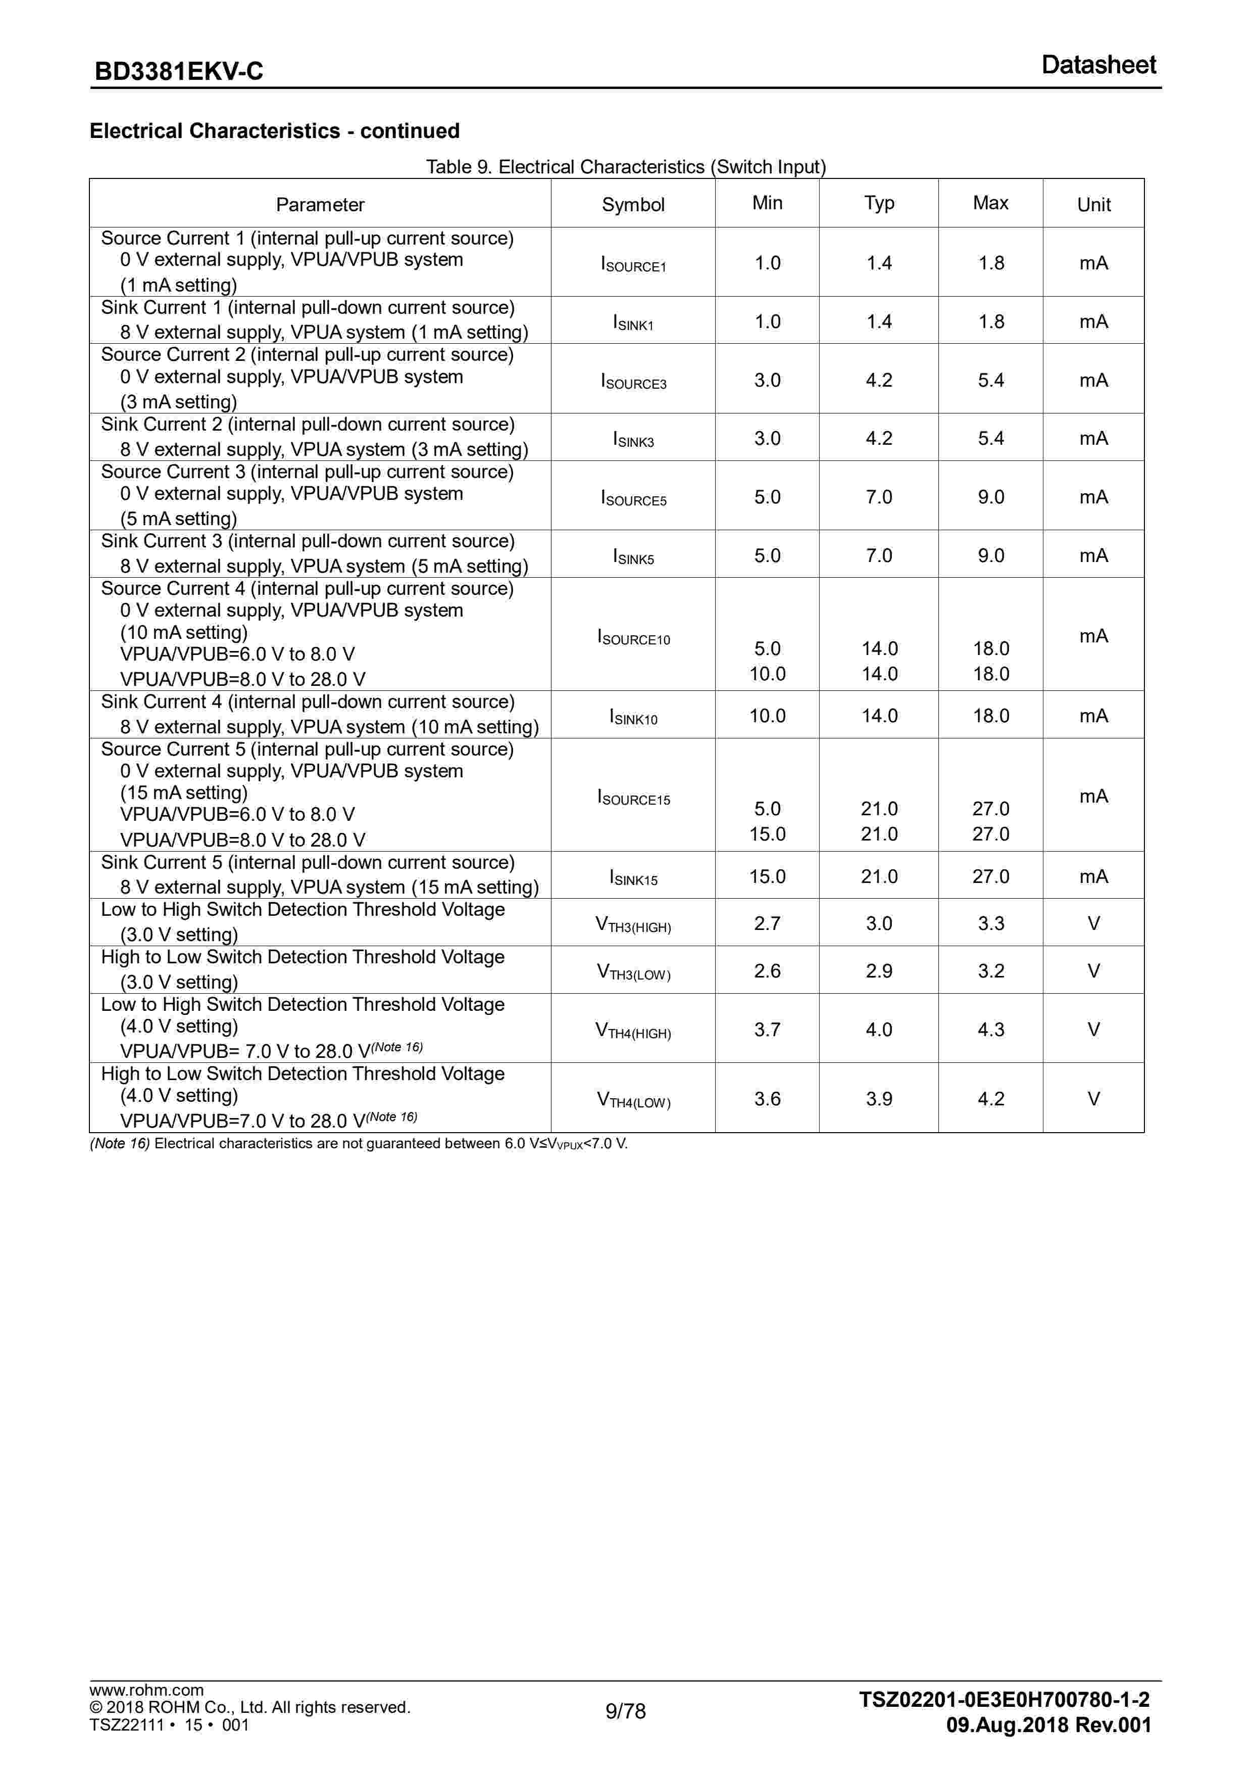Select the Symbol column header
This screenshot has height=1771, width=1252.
633,204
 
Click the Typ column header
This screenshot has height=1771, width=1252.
879,203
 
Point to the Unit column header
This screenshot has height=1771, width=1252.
1093,204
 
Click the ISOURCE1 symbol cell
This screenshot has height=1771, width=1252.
633,264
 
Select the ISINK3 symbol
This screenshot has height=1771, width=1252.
633,440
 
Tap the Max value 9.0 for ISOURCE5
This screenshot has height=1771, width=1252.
991,497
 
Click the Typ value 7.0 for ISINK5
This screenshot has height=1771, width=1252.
879,555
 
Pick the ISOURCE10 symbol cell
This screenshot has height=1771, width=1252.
633,637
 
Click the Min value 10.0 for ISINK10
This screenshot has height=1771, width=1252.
767,716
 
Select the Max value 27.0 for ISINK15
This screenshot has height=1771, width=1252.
991,876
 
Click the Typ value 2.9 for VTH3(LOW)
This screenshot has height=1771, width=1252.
879,971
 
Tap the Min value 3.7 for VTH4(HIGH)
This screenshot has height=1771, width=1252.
767,1030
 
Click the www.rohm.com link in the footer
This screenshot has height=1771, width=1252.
146,1690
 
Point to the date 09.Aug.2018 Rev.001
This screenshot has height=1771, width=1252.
1048,1726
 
